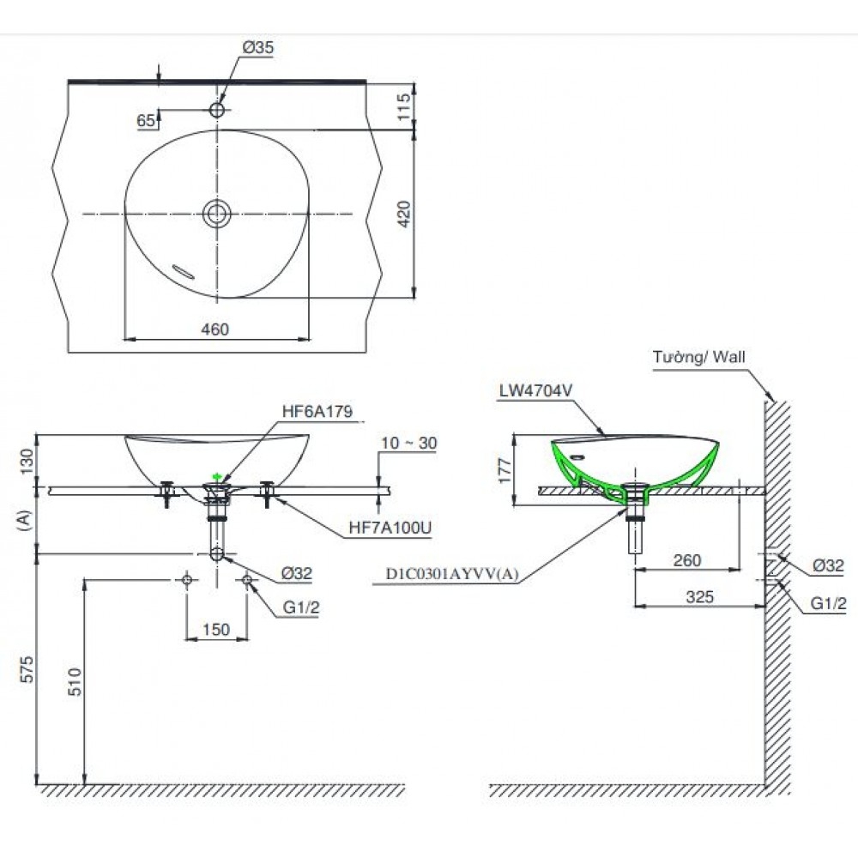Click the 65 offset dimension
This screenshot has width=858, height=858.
pos(146,121)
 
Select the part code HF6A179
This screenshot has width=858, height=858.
pos(317,412)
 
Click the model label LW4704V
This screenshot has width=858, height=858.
pos(535,391)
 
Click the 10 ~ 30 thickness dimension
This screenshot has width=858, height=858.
pos(410,443)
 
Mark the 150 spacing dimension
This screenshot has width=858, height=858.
pos(215,629)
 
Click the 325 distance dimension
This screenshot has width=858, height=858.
pos(700,597)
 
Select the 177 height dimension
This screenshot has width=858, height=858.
pos(504,471)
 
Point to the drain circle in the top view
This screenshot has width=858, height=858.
pos(217,213)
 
